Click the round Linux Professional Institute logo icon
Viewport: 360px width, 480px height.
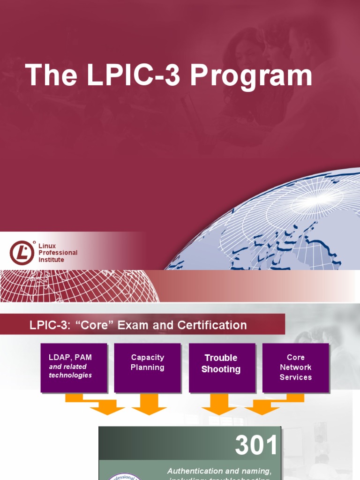22,253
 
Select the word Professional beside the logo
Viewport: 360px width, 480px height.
58,253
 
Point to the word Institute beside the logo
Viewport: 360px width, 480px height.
51,260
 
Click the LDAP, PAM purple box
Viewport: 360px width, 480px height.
74,367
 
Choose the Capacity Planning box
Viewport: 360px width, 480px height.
147,367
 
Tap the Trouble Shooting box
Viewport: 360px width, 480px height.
221,367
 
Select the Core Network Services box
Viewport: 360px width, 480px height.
295,367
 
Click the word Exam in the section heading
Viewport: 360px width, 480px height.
133,325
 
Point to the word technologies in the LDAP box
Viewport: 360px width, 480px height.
70,375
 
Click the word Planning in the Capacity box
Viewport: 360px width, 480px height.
147,367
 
